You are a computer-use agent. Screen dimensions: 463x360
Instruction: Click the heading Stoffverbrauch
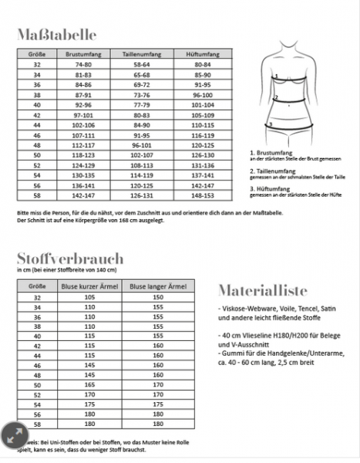point(66,258)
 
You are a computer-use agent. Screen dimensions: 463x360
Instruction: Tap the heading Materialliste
point(262,291)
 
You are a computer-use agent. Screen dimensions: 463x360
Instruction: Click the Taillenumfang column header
point(140,55)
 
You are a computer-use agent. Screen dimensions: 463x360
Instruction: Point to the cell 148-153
point(203,195)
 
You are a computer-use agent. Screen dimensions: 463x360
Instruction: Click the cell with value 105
point(89,296)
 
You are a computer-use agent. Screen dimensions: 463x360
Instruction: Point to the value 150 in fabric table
point(159,296)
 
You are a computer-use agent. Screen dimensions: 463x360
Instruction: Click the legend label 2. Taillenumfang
point(277,171)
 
